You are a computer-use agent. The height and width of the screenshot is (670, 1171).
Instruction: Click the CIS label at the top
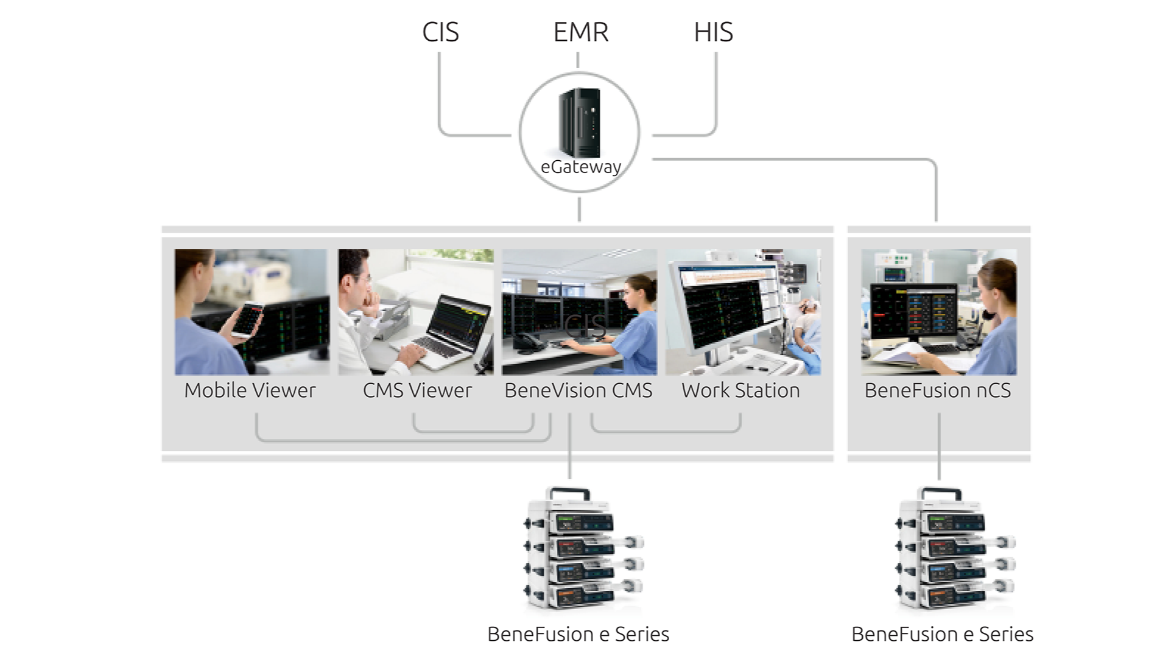[x=440, y=32]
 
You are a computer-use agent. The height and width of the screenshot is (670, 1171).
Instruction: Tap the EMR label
[x=580, y=32]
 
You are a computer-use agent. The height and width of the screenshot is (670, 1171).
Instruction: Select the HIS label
[x=713, y=32]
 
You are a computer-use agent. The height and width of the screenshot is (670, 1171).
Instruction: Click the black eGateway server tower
[x=580, y=122]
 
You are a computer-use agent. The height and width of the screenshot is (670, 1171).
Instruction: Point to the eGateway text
[x=580, y=167]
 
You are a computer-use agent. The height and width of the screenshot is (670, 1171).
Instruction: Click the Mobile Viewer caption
[x=250, y=390]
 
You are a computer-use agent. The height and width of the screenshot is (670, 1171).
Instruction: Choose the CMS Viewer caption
[x=417, y=390]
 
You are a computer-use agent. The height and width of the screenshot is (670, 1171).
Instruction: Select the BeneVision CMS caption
[x=578, y=390]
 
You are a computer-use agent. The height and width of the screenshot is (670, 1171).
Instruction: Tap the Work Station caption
[x=740, y=390]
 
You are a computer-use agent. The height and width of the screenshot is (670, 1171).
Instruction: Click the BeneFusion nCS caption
[x=937, y=390]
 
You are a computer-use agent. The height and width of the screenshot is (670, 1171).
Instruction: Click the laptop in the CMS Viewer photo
[x=454, y=332]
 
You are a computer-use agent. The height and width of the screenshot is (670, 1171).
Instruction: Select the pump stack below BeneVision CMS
[x=582, y=548]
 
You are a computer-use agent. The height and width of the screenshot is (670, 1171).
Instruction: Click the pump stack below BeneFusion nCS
[x=953, y=548]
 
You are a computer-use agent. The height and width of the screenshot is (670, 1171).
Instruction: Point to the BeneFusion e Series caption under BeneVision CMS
[x=578, y=634]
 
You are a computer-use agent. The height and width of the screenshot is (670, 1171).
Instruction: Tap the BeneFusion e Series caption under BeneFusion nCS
[x=942, y=634]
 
